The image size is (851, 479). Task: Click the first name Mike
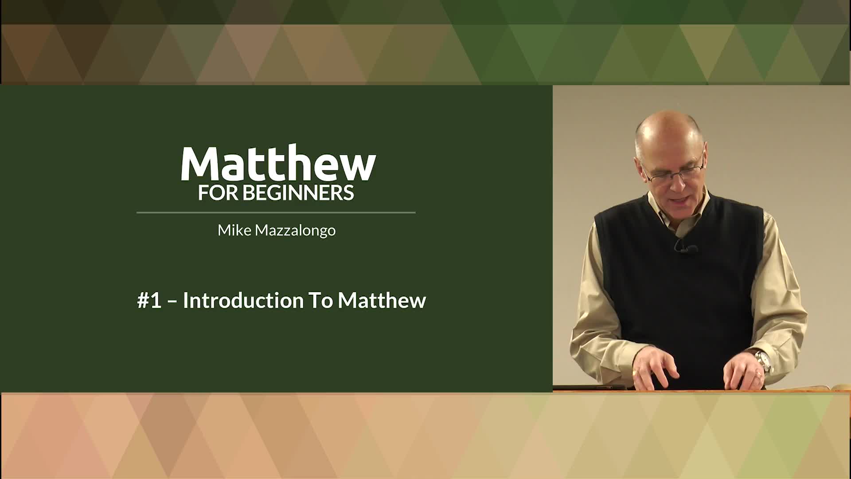(234, 230)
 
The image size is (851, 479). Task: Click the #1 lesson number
(149, 300)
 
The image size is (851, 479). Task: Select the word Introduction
(243, 300)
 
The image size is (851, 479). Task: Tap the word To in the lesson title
(320, 300)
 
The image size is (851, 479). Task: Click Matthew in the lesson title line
(382, 300)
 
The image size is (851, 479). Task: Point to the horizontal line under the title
(276, 213)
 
